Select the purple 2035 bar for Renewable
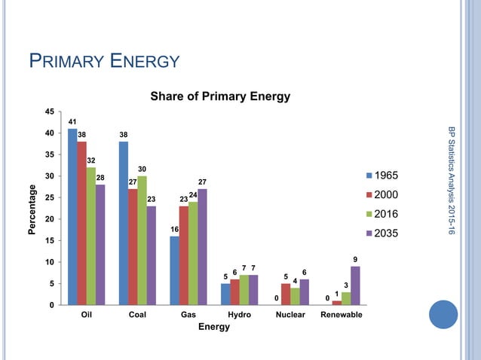tap(355, 285)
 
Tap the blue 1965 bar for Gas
tap(174, 270)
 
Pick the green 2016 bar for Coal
tap(142, 240)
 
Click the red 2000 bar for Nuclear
tap(285, 294)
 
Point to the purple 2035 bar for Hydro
tap(253, 290)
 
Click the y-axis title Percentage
tap(32, 209)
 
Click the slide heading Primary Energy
tap(104, 60)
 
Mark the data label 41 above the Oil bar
tap(72, 121)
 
